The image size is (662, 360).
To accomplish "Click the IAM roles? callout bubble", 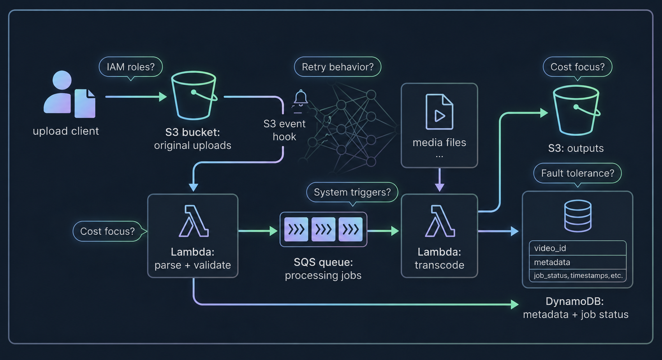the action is pos(130,67).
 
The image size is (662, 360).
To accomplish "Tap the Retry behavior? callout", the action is pos(338,67).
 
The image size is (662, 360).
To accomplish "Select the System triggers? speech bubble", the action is pos(352,193).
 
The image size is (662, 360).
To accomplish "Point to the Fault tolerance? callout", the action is pos(577,173).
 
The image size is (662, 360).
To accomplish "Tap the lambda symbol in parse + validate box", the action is pos(194,221).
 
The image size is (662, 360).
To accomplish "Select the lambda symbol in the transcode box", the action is pos(440,221).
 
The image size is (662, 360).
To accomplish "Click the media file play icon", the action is pos(439,112).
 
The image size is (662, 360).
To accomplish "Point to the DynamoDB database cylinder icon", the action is pos(578,216).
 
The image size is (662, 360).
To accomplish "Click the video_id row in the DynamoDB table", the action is pos(577,248).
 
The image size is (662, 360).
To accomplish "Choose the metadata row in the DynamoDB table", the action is pos(577,262).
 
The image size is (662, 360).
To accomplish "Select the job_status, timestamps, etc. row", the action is pos(577,276).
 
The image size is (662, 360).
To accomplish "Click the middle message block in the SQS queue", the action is pos(323,230).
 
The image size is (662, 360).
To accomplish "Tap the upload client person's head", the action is pos(62,80).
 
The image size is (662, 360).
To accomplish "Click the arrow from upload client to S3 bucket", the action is pos(136,97).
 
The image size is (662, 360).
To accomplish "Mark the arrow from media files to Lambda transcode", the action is pos(440,180).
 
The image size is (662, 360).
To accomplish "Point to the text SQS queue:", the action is pos(323,262).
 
